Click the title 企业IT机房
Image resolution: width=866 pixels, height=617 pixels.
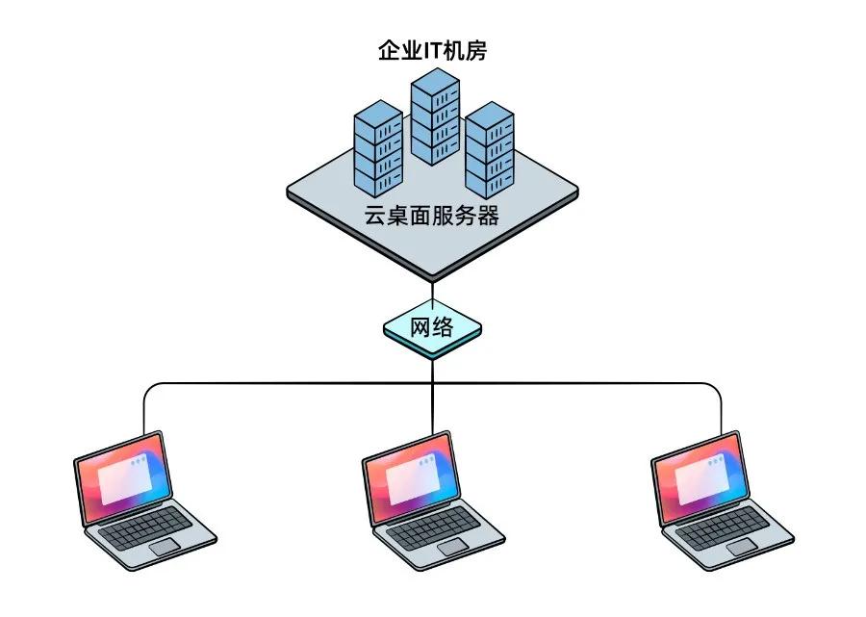(x=432, y=51)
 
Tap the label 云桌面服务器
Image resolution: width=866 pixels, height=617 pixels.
(x=432, y=216)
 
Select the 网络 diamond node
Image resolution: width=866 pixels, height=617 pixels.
(x=432, y=328)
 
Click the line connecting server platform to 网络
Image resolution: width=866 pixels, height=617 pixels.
(x=433, y=291)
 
